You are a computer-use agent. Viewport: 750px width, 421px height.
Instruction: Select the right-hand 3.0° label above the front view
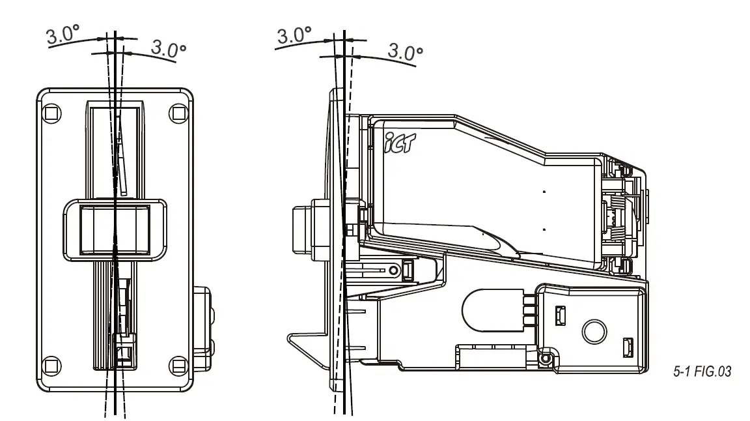(168, 48)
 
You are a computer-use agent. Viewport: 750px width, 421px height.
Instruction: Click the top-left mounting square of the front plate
(49, 112)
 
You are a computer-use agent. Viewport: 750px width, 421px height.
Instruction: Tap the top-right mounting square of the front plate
(178, 112)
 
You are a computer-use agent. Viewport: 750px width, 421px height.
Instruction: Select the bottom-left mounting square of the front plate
(49, 364)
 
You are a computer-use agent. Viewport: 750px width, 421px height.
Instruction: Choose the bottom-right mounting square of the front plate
(178, 364)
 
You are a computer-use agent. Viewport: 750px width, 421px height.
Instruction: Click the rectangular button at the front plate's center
(115, 229)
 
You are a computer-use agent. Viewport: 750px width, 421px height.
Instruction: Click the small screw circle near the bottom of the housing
(546, 358)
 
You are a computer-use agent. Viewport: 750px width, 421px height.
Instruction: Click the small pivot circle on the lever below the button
(393, 269)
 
